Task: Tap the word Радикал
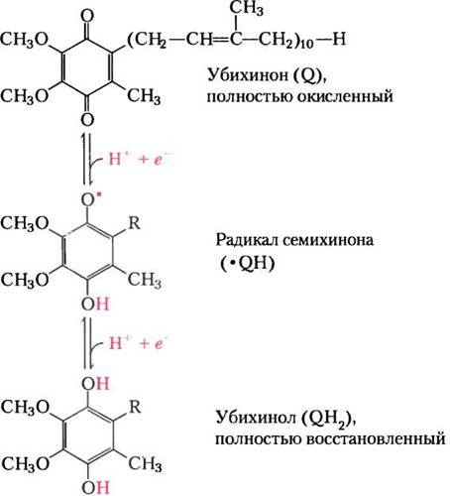coord(246,240)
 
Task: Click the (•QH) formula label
coord(247,264)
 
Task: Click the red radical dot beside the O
coord(98,194)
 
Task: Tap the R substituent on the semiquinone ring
coord(134,223)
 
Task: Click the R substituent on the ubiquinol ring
coord(135,407)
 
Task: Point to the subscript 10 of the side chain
coord(306,45)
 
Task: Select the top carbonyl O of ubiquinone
coord(87,16)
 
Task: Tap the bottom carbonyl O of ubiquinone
coord(87,119)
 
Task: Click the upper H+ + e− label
coord(140,159)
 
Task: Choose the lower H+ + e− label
coord(138,343)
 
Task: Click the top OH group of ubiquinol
coord(95,384)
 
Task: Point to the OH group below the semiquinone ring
coord(95,304)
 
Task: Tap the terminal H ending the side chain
coord(339,39)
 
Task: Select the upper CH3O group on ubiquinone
coord(25,40)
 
